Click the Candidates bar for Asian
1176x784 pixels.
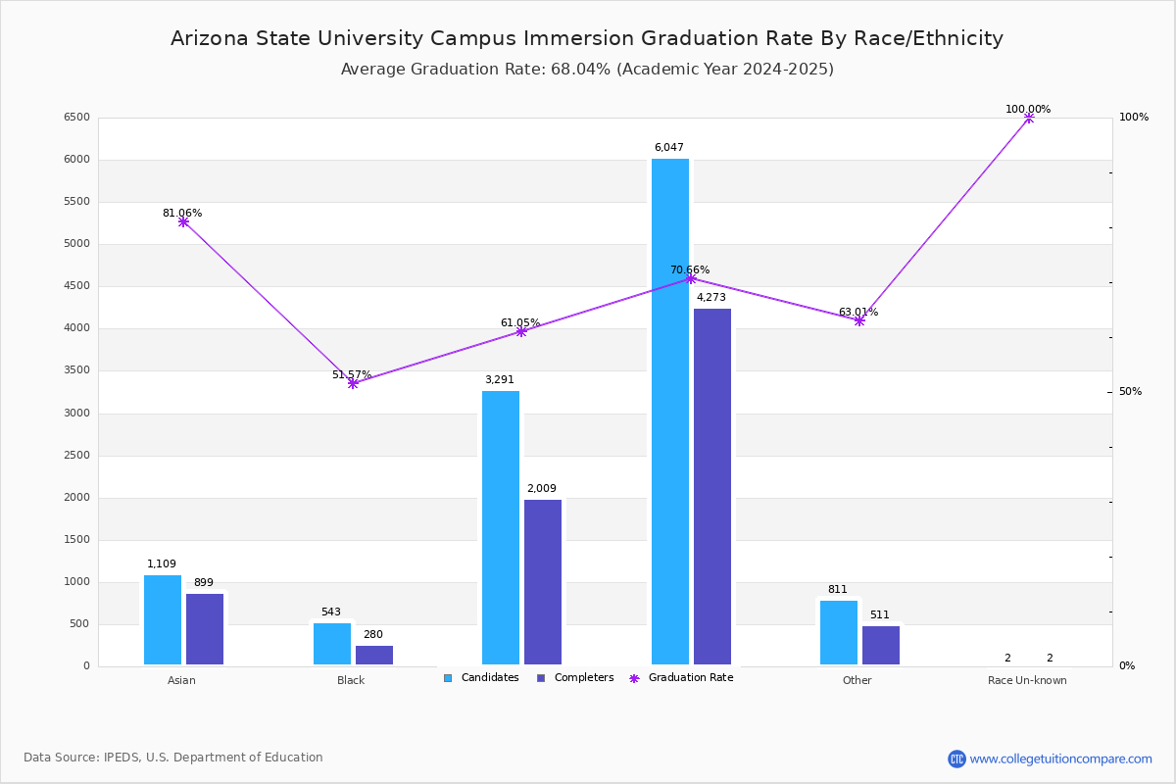tap(163, 619)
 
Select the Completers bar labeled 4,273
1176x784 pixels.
tap(712, 486)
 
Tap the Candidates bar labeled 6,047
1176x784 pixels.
tap(670, 412)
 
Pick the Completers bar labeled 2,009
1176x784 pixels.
tap(543, 582)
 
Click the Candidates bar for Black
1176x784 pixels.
tap(332, 644)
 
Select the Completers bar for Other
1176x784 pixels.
tap(881, 645)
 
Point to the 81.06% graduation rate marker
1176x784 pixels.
tap(183, 222)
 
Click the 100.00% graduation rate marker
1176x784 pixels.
tap(1029, 118)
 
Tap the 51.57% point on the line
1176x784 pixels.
tap(353, 383)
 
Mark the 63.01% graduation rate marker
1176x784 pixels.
tap(859, 320)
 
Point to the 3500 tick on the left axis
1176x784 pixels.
tap(77, 370)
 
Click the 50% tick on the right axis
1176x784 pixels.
tap(1130, 392)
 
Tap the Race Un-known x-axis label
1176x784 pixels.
tap(1027, 680)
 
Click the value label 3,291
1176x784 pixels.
tap(499, 380)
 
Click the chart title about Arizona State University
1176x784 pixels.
tap(587, 38)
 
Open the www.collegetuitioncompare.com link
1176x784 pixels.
tap(1060, 759)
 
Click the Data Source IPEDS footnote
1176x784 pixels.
tap(173, 758)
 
